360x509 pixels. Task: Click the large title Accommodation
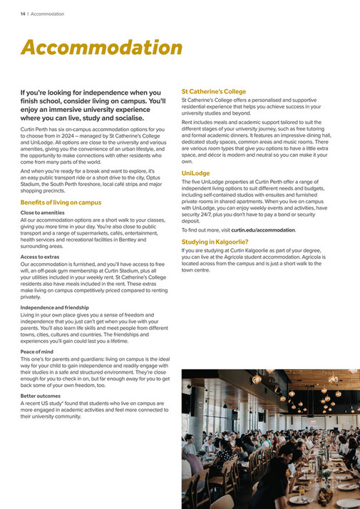pos(101,48)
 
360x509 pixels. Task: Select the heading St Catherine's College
pos(214,92)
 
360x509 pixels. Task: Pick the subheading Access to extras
pos(40,256)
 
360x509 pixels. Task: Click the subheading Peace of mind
pos(36,351)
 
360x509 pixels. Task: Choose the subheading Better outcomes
pos(40,396)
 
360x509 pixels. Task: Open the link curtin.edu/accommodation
pos(263,230)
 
